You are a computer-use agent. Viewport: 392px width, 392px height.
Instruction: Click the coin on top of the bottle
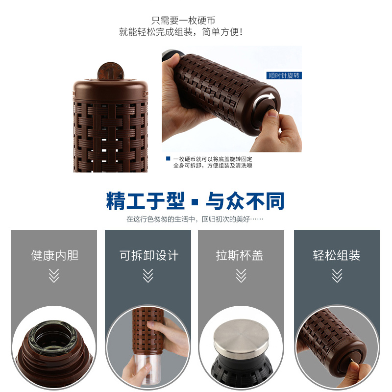tap(111, 71)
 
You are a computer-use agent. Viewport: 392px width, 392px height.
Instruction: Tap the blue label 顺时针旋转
tap(284, 75)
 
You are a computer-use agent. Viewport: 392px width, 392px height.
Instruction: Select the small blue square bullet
tap(168, 158)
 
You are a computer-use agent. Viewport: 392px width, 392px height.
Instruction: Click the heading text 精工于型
tap(146, 201)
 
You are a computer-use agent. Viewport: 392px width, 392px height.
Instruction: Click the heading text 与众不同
tap(245, 201)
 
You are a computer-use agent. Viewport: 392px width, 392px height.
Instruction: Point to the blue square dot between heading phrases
tap(196, 202)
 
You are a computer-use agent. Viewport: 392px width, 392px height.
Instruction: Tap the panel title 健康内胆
tap(55, 255)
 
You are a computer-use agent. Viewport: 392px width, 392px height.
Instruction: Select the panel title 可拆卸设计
tap(149, 255)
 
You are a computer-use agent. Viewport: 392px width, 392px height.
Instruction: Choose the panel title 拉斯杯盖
tap(240, 255)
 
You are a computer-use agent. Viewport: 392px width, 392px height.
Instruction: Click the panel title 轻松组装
tap(337, 255)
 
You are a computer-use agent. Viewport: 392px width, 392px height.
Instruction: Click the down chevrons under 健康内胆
tap(54, 276)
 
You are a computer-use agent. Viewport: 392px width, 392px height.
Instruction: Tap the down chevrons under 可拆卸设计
tap(148, 276)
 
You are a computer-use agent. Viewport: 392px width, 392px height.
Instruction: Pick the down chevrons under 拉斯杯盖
tap(241, 276)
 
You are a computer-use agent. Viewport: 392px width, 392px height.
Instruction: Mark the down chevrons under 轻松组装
tap(337, 276)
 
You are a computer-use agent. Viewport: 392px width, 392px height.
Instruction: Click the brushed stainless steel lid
tap(241, 336)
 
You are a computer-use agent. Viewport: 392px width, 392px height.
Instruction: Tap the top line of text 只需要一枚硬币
tap(183, 21)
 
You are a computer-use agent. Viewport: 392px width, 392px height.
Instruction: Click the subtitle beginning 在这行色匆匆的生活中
tap(195, 219)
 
